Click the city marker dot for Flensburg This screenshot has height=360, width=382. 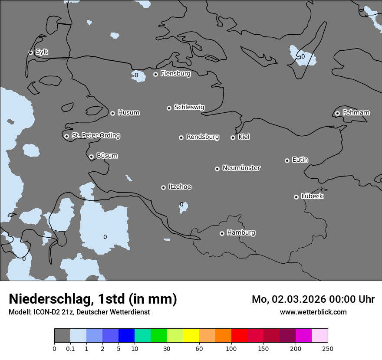[x=155, y=74]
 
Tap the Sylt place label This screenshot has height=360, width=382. [x=42, y=52]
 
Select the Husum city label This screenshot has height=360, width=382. [x=128, y=113]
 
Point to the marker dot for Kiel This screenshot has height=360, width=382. [x=233, y=137]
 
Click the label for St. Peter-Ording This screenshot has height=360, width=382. [x=95, y=136]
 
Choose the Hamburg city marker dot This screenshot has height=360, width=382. [x=222, y=233]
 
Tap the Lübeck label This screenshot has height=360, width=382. [x=312, y=196]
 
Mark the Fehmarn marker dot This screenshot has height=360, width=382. [x=337, y=113]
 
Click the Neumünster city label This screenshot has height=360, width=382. [x=241, y=168]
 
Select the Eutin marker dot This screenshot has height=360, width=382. [x=287, y=160]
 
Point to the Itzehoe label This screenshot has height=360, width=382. [x=180, y=187]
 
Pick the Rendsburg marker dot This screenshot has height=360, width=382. [x=181, y=137]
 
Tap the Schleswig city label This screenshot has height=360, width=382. [x=189, y=107]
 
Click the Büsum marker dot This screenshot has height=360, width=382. [x=91, y=157]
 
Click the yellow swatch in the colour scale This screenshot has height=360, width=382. [x=191, y=336]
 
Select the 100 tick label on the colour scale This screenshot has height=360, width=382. [x=231, y=348]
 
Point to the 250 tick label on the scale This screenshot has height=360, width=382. [x=327, y=348]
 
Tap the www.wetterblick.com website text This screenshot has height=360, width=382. [x=313, y=312]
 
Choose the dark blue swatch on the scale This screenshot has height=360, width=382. [x=126, y=336]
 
